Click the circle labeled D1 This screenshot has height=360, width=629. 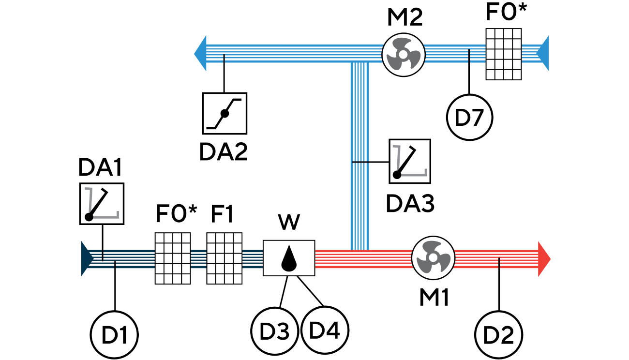tap(114, 335)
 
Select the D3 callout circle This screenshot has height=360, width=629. tap(274, 331)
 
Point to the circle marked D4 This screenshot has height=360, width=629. tap(325, 330)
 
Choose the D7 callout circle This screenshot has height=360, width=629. tap(469, 118)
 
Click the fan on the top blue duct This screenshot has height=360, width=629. tap(403, 54)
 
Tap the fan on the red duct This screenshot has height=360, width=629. tap(433, 258)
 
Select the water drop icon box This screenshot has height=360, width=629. tap(289, 258)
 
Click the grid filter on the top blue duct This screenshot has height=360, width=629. tap(504, 54)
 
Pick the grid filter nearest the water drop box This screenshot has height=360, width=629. tap(224, 258)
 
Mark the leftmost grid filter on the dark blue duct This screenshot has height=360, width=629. tap(173, 258)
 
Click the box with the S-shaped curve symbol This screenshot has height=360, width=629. tap(225, 113)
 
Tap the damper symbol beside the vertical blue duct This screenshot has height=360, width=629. tap(410, 161)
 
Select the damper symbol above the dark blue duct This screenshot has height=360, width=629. tap(102, 203)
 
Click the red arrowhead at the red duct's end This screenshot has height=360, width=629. tap(544, 259)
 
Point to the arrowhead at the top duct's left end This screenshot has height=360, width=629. tap(200, 53)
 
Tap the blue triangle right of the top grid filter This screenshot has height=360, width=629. tap(543, 53)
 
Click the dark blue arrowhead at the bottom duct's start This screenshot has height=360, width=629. tap(87, 258)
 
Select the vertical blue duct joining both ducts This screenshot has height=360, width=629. tap(359, 155)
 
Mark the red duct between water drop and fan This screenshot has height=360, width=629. tap(363, 259)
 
